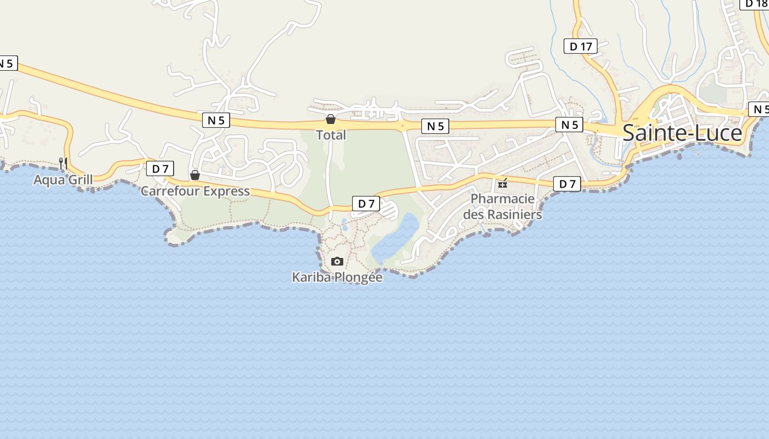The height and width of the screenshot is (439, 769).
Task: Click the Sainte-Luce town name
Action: pyautogui.click(x=682, y=133)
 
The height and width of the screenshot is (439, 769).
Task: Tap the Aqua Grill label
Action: pyautogui.click(x=63, y=179)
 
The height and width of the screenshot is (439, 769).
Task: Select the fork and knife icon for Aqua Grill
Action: pyautogui.click(x=63, y=162)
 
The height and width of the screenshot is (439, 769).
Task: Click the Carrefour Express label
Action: pyautogui.click(x=195, y=191)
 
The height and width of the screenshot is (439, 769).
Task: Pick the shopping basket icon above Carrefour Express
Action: pyautogui.click(x=194, y=175)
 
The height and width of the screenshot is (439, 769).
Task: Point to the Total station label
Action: pyautogui.click(x=331, y=135)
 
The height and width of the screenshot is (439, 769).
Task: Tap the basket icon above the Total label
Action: pyautogui.click(x=331, y=119)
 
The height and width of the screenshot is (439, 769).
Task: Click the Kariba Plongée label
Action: pyautogui.click(x=337, y=277)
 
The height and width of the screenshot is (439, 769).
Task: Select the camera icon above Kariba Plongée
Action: pyautogui.click(x=337, y=261)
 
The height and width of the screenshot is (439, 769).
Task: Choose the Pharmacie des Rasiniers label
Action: pyautogui.click(x=502, y=206)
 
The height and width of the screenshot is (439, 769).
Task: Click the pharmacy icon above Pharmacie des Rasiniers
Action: pyautogui.click(x=502, y=183)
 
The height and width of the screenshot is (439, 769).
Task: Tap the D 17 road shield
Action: pyautogui.click(x=581, y=46)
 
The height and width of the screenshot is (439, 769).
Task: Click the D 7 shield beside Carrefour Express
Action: pyautogui.click(x=160, y=168)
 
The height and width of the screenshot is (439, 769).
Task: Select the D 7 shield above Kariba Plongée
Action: pyautogui.click(x=366, y=204)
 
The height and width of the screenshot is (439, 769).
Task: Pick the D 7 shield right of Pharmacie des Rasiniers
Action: pyautogui.click(x=567, y=184)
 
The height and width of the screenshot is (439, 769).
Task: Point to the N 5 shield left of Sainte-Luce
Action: pyautogui.click(x=569, y=125)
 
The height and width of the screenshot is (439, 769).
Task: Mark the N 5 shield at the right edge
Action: pyautogui.click(x=759, y=109)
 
